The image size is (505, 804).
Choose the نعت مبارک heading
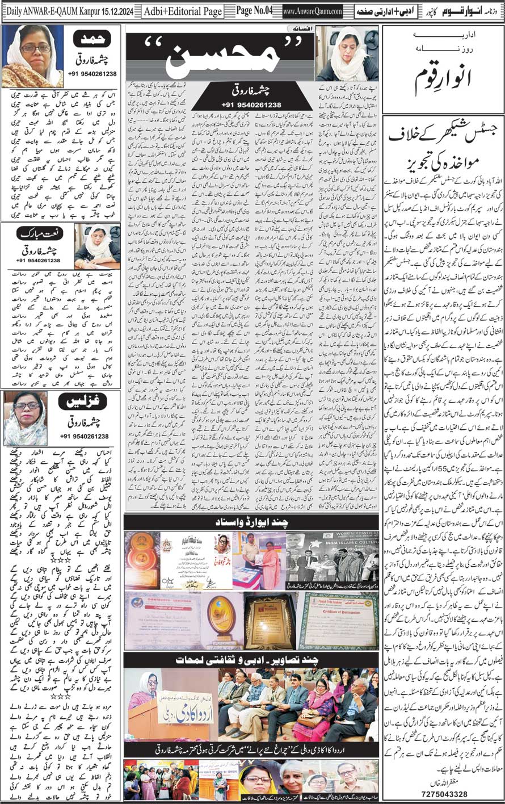click(37, 233)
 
